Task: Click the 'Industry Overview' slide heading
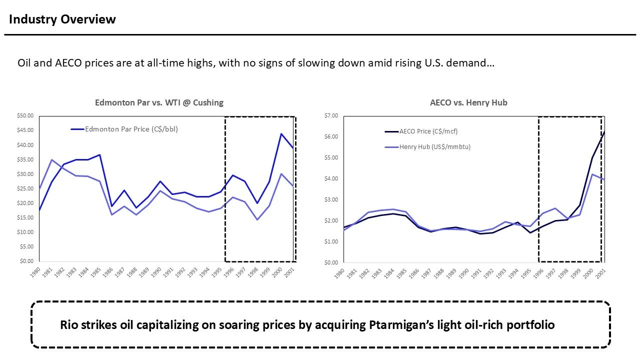point(62,19)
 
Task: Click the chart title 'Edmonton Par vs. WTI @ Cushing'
point(159,102)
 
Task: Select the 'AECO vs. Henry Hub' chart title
point(468,102)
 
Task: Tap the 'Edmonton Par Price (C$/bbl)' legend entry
point(131,129)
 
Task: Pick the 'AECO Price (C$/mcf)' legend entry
point(428,131)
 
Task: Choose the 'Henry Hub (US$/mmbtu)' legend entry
point(434,147)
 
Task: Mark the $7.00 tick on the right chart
point(331,115)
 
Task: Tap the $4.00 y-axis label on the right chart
point(331,178)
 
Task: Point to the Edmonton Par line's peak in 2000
point(281,133)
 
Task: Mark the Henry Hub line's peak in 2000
point(592,174)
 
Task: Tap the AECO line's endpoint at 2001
point(604,131)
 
